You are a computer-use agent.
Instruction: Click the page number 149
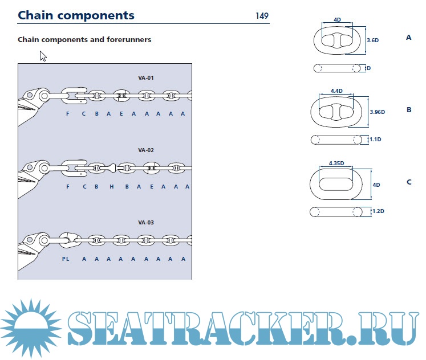coord(262,15)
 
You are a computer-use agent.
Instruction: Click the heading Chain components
coord(76,15)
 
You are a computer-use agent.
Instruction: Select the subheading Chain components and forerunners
coord(84,40)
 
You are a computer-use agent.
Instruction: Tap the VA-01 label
coord(146,77)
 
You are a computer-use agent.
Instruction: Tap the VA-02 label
coord(146,150)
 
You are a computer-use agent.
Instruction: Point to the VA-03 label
coord(146,222)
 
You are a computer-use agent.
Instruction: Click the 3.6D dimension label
coord(372,40)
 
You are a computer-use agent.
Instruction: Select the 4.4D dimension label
coord(336,91)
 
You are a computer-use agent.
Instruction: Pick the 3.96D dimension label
coord(377,112)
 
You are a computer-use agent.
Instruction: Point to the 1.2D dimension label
coord(377,211)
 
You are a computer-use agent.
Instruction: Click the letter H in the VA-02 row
coord(112,187)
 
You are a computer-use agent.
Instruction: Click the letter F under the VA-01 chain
coord(68,114)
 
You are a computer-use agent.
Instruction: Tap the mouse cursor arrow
coord(43,56)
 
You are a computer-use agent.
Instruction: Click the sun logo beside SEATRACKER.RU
coord(32,324)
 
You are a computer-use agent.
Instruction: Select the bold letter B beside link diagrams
coord(409,109)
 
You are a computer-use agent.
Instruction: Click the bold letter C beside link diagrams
coord(409,182)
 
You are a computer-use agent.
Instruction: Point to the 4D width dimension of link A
coord(337,19)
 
